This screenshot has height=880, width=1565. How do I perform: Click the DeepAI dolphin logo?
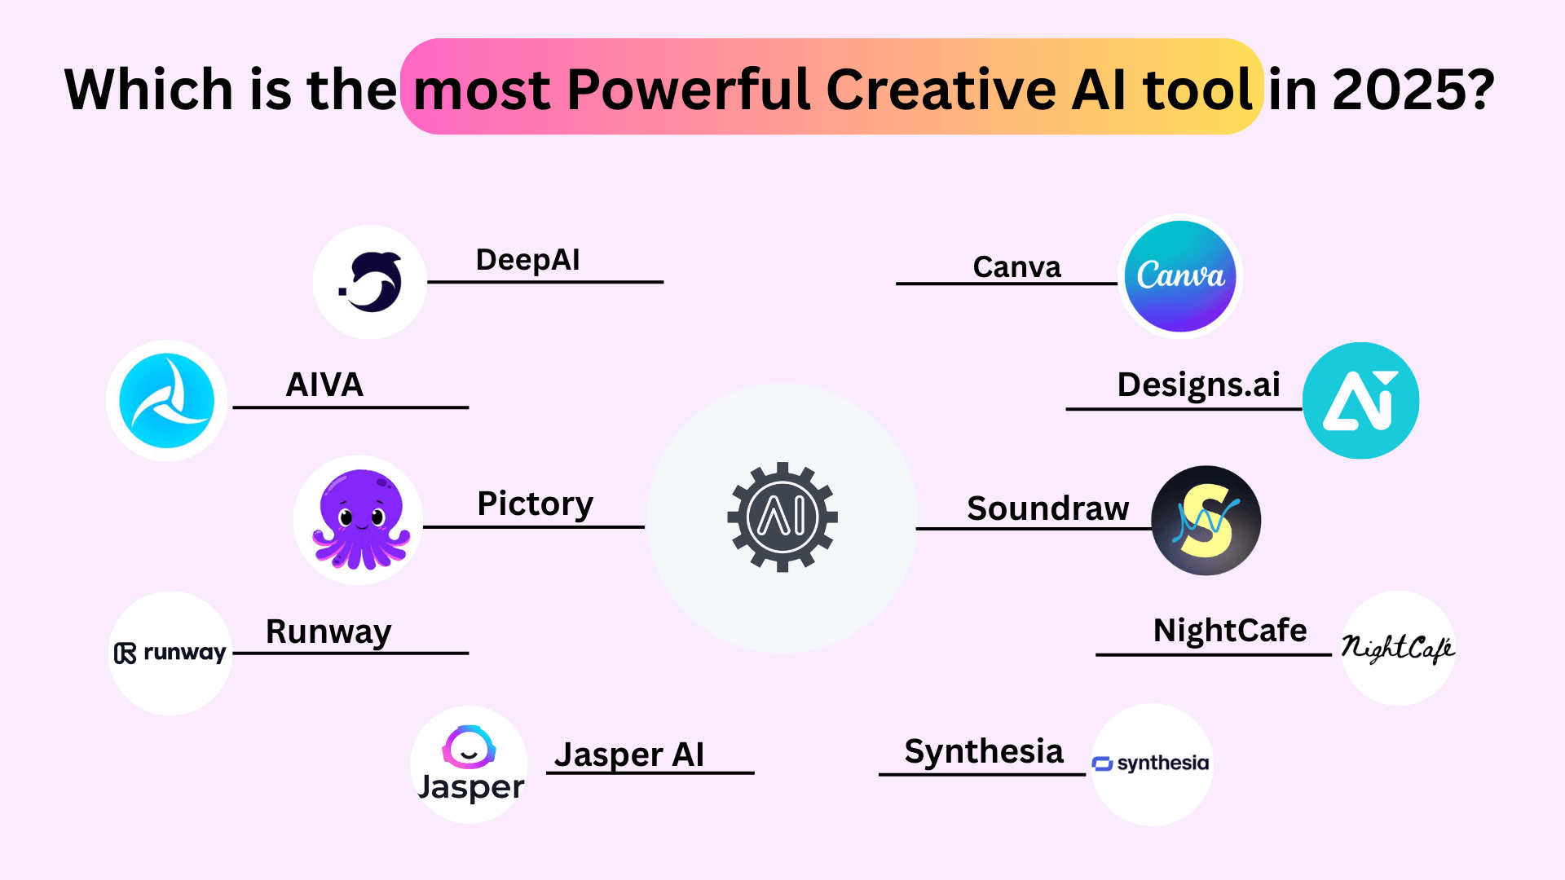point(371,282)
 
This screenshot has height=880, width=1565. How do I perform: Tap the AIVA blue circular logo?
point(167,400)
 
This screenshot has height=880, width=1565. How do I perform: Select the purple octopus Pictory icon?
point(359,520)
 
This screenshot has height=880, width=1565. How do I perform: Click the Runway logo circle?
point(170,653)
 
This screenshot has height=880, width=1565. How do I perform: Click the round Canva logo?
point(1180,276)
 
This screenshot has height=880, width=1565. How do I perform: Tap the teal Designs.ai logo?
point(1361,400)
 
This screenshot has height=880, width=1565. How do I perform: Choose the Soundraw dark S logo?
point(1206,521)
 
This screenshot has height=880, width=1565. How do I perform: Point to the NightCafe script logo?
point(1399,648)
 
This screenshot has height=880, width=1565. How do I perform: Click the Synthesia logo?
point(1152,764)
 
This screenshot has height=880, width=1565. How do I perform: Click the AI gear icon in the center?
point(782,517)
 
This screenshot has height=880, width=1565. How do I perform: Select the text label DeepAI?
point(528,260)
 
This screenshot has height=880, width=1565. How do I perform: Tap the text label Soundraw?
point(1048,508)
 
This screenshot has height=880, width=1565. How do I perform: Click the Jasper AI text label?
point(629,755)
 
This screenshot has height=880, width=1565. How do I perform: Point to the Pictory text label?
point(536,504)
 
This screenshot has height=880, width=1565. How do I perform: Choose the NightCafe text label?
point(1230,631)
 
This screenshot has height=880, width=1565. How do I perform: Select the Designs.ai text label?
point(1199,385)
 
